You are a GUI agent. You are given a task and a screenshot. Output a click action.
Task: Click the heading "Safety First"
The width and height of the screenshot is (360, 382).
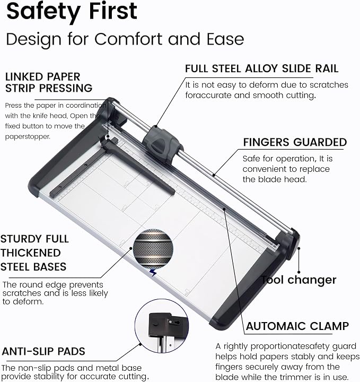(72, 12)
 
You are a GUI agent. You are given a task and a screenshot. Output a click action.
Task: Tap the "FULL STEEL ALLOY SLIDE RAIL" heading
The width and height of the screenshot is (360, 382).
(262, 68)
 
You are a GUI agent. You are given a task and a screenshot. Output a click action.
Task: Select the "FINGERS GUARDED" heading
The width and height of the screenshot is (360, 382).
(295, 142)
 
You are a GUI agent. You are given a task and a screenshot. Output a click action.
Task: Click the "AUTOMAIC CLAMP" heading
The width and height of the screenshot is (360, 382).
(297, 326)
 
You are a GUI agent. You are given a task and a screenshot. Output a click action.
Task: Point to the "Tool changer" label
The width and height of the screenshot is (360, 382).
(298, 280)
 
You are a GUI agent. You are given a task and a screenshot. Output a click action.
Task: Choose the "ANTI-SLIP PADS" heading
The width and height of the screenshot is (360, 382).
(43, 351)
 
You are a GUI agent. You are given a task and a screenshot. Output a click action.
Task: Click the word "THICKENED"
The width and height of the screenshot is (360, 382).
(30, 253)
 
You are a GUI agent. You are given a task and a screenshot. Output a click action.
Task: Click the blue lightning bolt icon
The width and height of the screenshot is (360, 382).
(153, 273)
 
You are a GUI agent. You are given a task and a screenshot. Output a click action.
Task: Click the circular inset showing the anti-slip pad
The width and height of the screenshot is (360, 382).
(162, 326)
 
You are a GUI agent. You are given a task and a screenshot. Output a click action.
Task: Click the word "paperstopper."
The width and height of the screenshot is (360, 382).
(28, 137)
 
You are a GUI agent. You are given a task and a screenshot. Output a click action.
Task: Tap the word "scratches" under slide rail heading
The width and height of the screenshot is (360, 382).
(329, 85)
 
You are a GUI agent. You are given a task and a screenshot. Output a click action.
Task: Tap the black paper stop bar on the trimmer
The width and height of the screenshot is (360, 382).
(138, 166)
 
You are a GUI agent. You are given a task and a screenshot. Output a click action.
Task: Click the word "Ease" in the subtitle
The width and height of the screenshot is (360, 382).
(225, 39)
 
